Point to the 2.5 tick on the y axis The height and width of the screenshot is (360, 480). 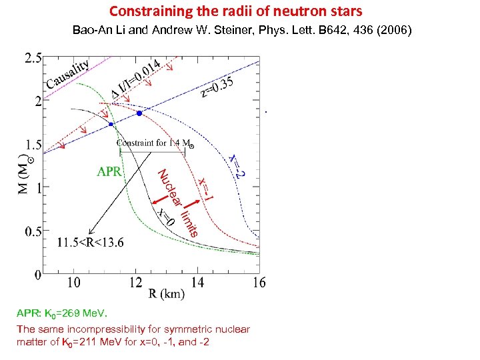coord(33,59)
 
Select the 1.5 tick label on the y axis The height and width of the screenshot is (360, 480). coord(33,145)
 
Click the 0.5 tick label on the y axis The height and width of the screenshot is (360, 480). coord(33,231)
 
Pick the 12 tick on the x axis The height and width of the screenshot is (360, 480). coord(136,283)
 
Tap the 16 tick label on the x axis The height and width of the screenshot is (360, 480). coord(259,283)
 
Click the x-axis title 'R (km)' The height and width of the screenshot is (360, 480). coord(167,293)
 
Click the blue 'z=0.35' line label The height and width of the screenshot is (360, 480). coord(218,86)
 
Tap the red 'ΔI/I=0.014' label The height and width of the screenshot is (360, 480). coord(135,79)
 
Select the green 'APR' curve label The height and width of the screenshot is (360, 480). coord(109,172)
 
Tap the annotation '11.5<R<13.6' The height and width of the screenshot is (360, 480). coord(90,242)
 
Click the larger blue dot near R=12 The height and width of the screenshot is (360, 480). coord(139,113)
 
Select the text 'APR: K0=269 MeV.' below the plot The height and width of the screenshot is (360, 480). coord(61,313)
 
